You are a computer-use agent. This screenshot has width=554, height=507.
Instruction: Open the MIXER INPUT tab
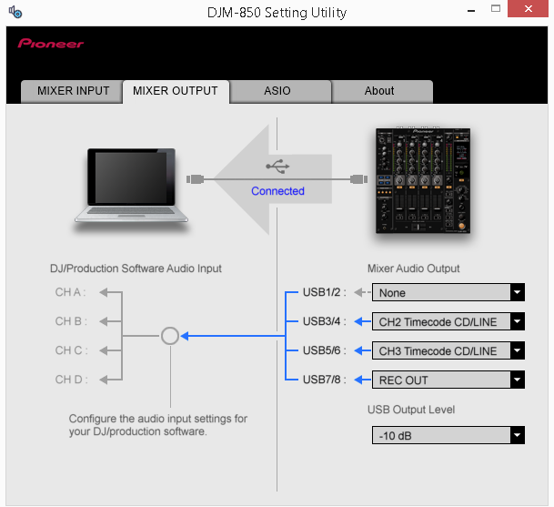72,91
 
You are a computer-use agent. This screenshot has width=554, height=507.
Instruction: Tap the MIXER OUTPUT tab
176,92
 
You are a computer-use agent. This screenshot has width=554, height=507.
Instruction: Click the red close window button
528,8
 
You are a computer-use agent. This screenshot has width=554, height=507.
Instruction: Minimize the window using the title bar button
471,11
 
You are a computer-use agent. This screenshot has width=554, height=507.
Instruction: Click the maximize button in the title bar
496,8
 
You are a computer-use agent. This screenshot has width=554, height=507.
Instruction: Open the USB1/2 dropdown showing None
448,292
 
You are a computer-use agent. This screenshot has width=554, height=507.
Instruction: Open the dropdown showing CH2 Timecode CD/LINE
448,321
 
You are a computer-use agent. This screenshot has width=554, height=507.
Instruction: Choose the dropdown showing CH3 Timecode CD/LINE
448,350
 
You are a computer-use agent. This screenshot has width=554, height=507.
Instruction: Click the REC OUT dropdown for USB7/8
448,380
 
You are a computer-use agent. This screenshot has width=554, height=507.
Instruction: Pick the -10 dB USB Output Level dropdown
448,435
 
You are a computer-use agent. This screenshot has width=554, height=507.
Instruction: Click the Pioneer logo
51,44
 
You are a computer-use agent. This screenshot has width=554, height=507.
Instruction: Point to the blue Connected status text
277,191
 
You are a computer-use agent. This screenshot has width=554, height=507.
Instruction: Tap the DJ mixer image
423,180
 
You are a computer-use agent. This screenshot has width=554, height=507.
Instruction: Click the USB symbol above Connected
277,167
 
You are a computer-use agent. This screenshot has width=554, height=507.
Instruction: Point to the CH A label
70,292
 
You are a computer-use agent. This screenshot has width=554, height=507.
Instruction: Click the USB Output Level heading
411,410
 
